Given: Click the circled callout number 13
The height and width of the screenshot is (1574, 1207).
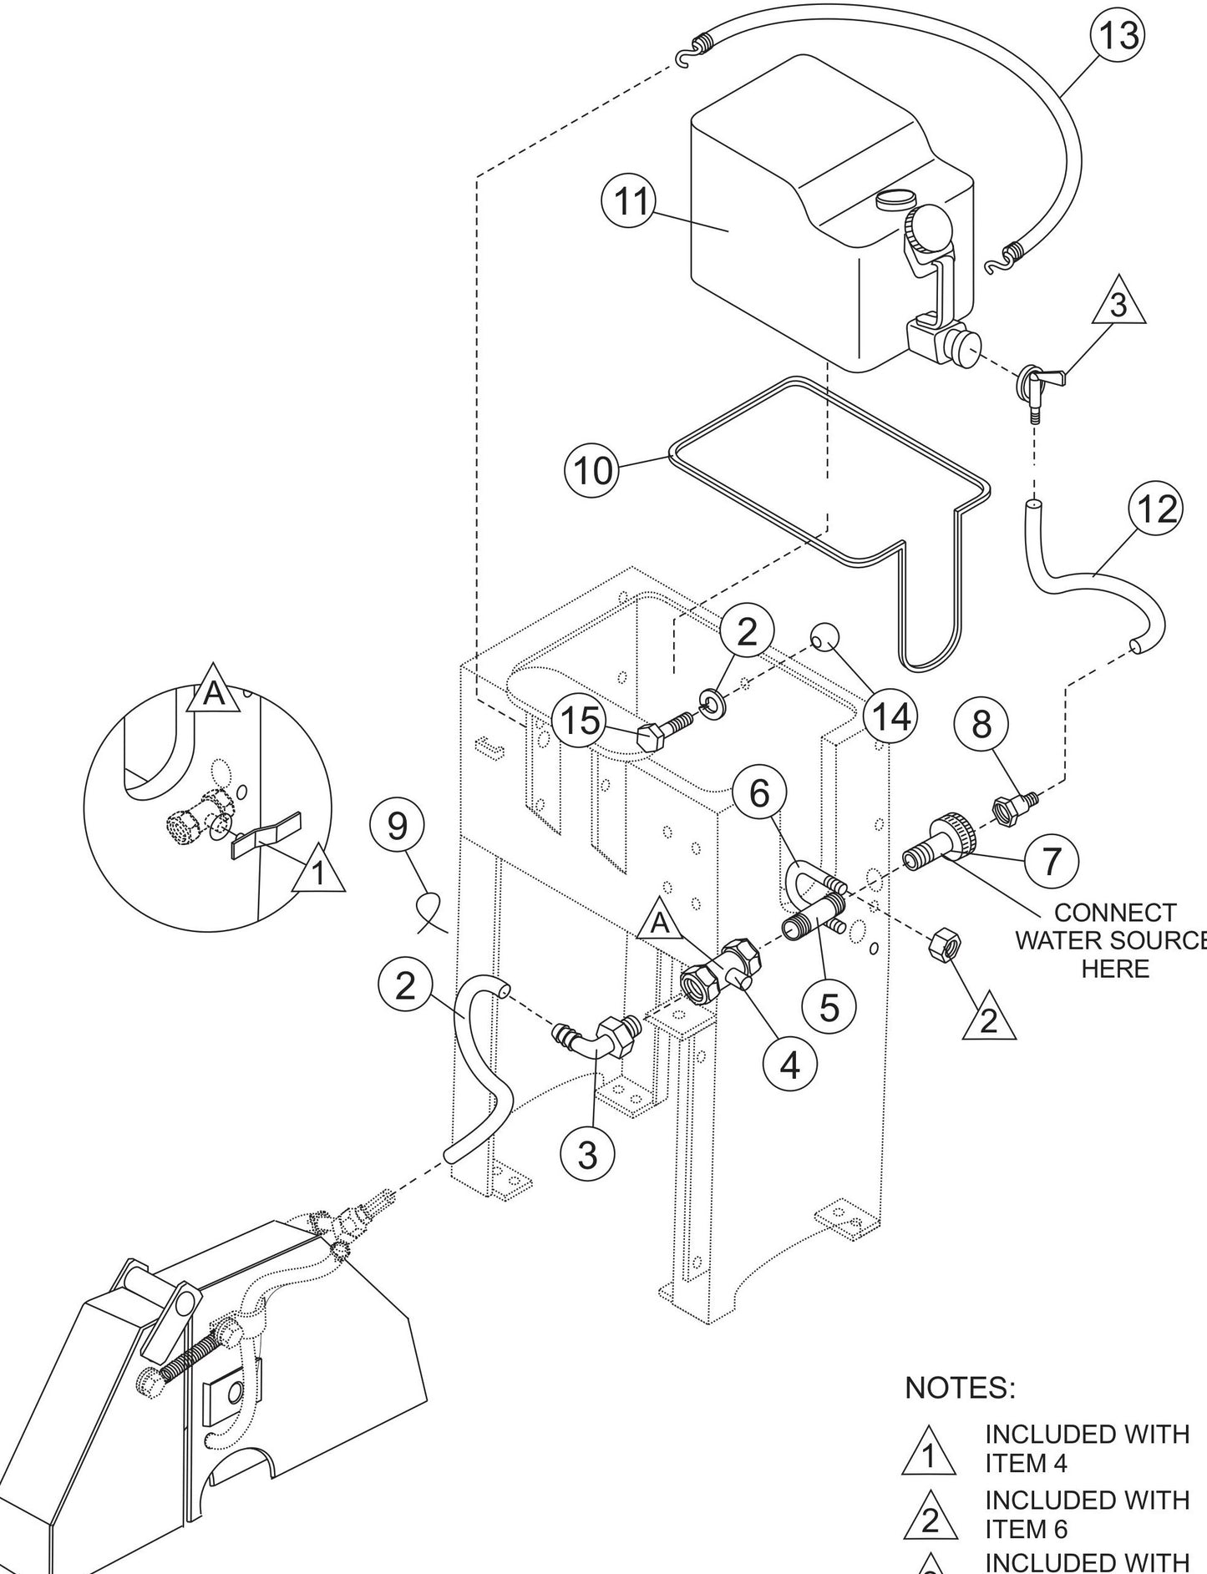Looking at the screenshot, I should click(1118, 35).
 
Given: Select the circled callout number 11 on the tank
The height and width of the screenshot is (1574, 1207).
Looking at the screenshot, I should click(629, 201).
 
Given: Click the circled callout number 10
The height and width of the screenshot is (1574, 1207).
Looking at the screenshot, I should click(592, 471).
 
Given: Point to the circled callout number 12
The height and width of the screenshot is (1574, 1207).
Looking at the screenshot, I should click(1155, 509).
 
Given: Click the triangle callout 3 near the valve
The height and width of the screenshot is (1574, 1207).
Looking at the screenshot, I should click(1118, 306).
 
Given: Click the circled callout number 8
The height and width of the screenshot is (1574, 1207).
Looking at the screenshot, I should click(981, 724).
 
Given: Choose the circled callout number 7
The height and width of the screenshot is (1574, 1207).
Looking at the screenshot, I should click(1051, 860).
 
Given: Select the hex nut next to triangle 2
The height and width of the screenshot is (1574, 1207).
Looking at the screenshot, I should click(944, 942).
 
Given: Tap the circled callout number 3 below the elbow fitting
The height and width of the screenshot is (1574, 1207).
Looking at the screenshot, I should click(587, 1155).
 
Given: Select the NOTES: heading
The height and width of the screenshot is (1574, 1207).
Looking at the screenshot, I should click(960, 1388).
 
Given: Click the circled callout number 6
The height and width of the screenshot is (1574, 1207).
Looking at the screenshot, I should click(758, 792).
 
